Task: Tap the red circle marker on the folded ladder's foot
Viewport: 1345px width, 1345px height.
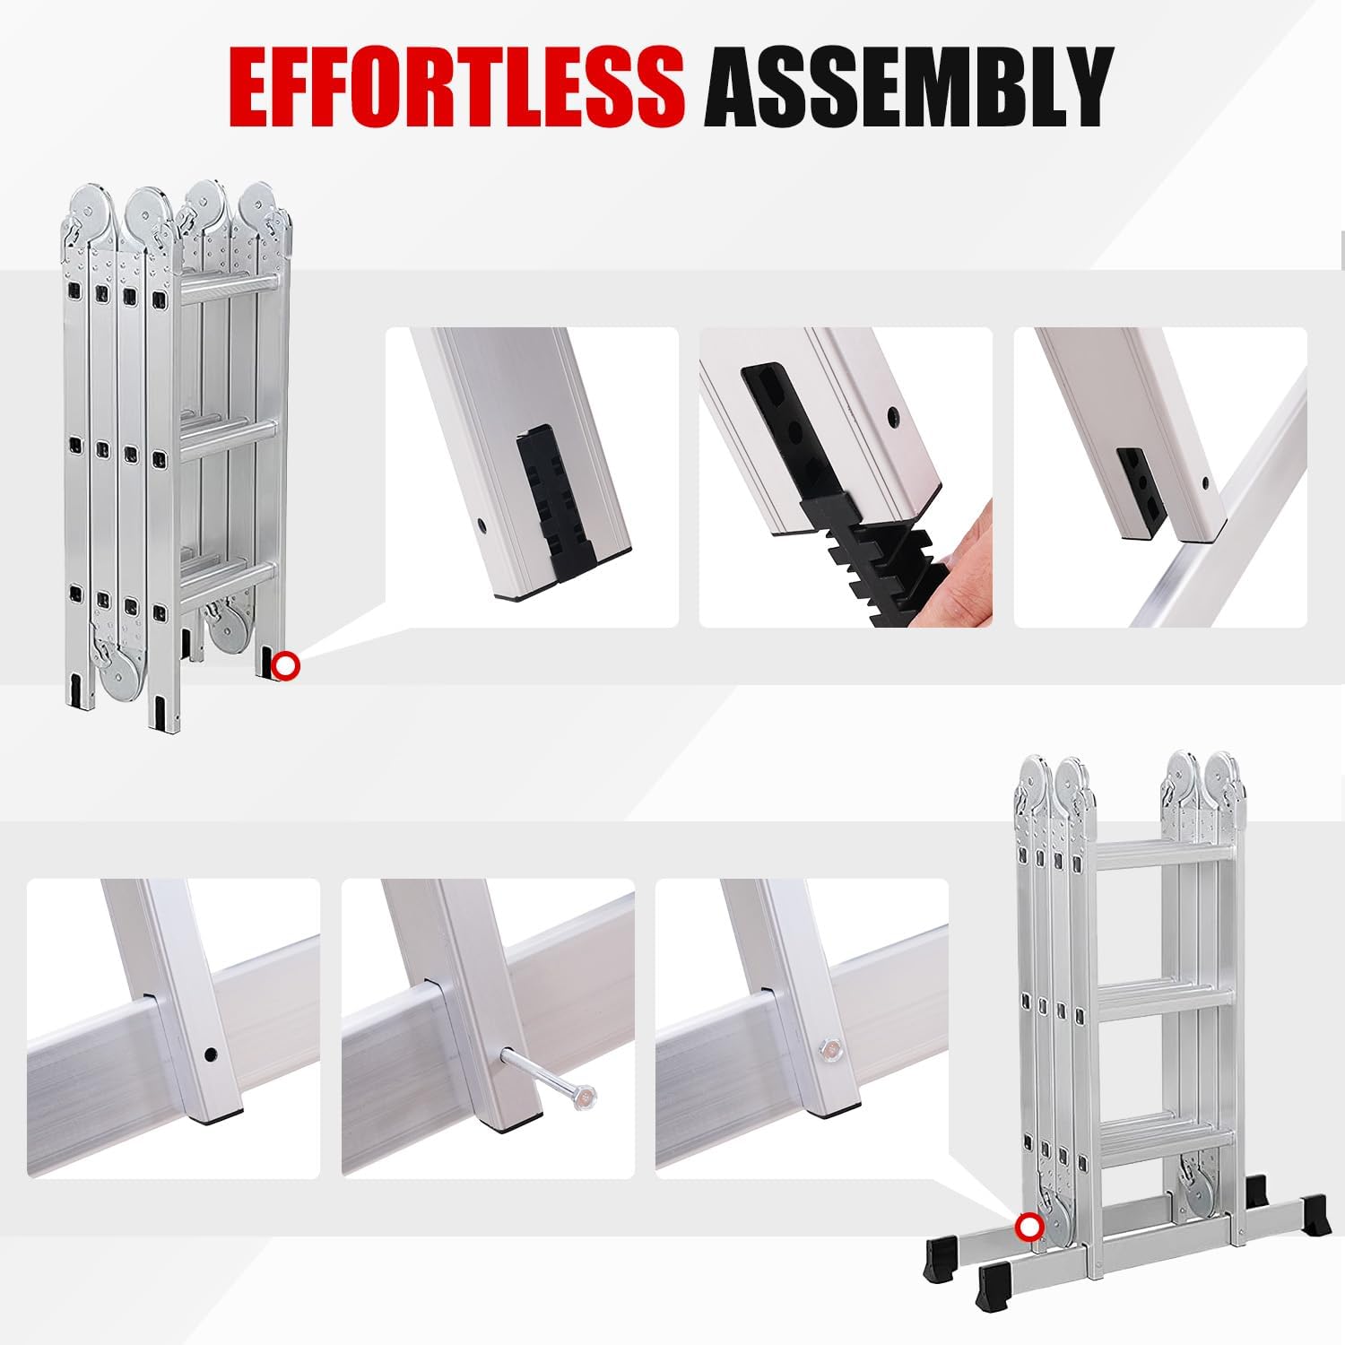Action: [286, 665]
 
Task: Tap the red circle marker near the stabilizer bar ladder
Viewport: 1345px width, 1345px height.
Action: [1028, 1226]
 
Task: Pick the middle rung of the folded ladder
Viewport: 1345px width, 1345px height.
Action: [230, 431]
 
